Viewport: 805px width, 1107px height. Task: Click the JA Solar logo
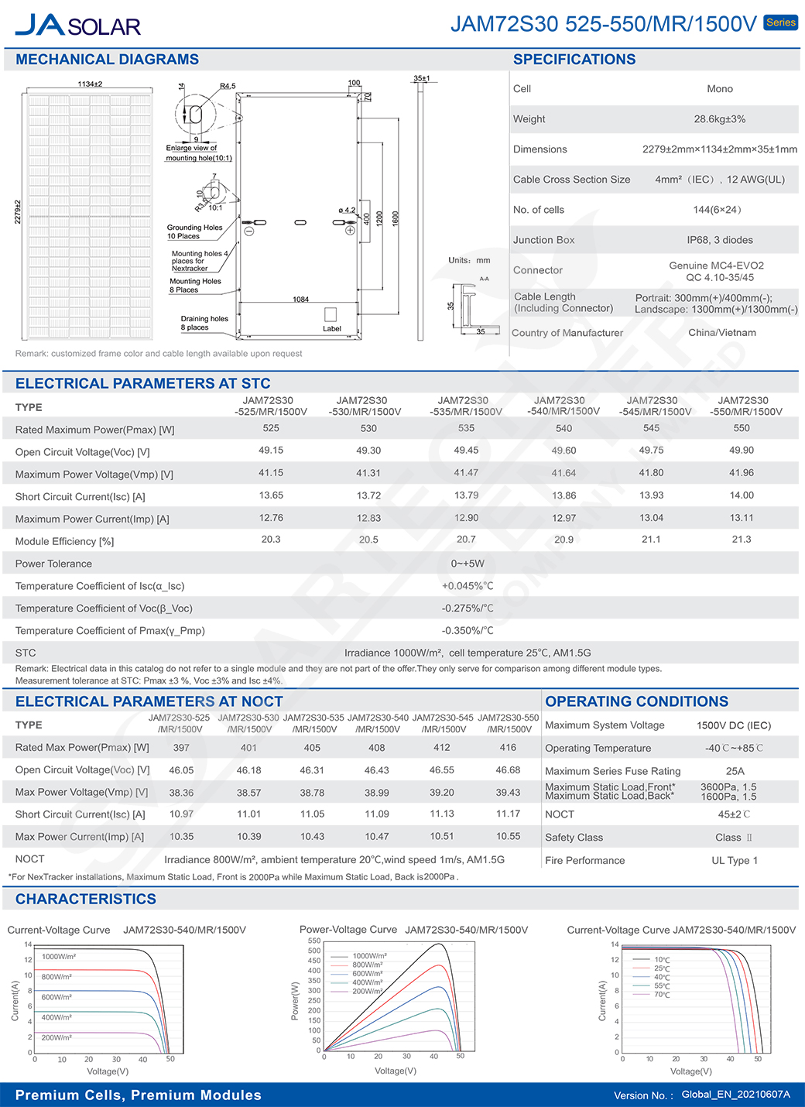pyautogui.click(x=77, y=25)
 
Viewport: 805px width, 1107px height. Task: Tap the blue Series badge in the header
pyautogui.click(x=780, y=22)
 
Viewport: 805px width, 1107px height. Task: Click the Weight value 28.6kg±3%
pyautogui.click(x=719, y=119)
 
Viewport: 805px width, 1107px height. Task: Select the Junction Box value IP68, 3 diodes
pyautogui.click(x=719, y=240)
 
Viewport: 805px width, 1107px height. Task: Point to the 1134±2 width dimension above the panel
pyautogui.click(x=90, y=84)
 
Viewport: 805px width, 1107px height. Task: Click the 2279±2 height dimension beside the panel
pyautogui.click(x=18, y=212)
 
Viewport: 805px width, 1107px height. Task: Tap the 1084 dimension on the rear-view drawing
pyautogui.click(x=300, y=300)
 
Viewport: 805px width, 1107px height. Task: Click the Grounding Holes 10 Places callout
pyautogui.click(x=194, y=232)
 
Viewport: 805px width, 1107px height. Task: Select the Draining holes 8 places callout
pyautogui.click(x=204, y=323)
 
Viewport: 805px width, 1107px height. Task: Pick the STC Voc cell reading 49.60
pyautogui.click(x=563, y=451)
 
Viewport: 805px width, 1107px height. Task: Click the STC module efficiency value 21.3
pyautogui.click(x=741, y=540)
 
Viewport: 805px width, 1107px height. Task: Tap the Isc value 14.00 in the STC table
pyautogui.click(x=741, y=495)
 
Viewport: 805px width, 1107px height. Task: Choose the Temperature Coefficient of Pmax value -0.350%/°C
pyautogui.click(x=468, y=631)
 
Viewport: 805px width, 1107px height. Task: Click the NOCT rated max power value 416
pyautogui.click(x=508, y=748)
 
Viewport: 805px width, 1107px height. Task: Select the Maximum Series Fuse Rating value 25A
pyautogui.click(x=735, y=771)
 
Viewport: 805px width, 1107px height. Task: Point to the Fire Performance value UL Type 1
pyautogui.click(x=734, y=860)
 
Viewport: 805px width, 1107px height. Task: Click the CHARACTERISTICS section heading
pyautogui.click(x=86, y=899)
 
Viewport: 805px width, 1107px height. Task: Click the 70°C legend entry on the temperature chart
pyautogui.click(x=662, y=995)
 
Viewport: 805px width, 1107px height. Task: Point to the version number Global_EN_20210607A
pyautogui.click(x=735, y=1095)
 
